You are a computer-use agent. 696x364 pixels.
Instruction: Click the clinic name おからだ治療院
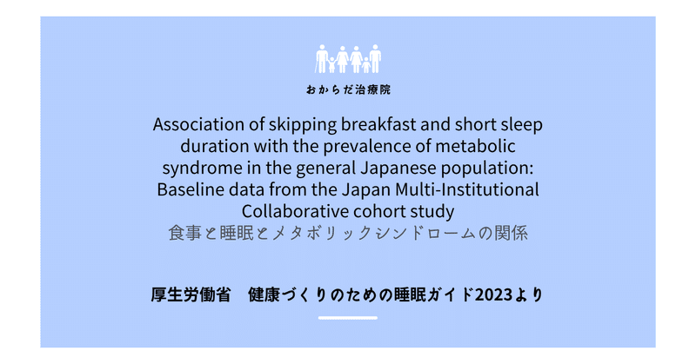tap(348, 89)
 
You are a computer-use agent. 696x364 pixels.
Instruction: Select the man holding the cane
tap(322, 58)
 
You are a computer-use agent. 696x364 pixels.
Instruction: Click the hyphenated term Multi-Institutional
tap(467, 189)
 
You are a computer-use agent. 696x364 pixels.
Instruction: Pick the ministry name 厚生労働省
tap(191, 295)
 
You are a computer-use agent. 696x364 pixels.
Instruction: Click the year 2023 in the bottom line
tap(493, 295)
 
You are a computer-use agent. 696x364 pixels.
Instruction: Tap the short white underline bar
tap(347, 318)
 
